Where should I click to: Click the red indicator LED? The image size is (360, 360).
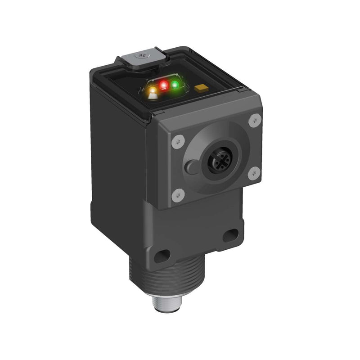coord(164,84)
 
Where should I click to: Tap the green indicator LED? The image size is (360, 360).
coord(175,84)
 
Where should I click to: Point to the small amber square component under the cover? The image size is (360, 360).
coord(200,89)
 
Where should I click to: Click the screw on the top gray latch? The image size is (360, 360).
coord(143,56)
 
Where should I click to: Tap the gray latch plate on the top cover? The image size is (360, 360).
coord(139,59)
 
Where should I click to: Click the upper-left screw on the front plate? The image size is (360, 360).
coord(178,141)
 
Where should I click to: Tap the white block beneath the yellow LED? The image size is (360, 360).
coord(153,95)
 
